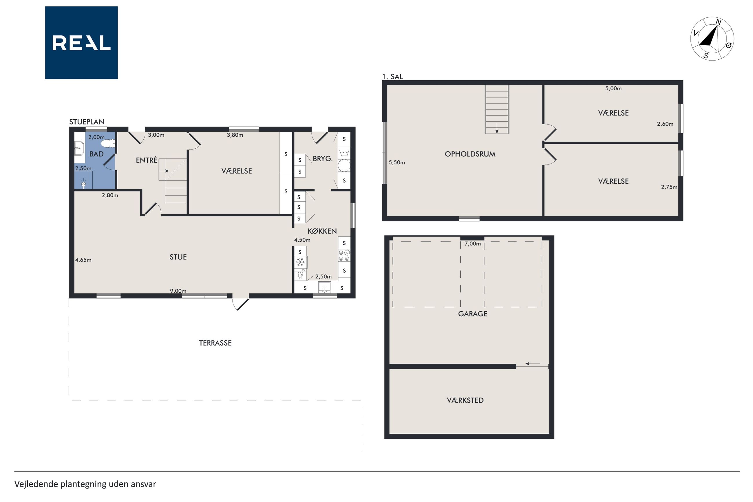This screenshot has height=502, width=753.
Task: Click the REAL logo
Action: coord(81,43)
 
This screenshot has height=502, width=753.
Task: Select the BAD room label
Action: coord(96,154)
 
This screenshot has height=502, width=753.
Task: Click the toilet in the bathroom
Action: coord(110,143)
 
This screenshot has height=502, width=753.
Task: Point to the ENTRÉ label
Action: coord(147,160)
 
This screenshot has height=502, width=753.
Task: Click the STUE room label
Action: coord(178,257)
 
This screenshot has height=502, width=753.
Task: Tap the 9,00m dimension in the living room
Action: coord(178,291)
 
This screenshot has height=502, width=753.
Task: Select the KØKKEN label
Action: coord(322,231)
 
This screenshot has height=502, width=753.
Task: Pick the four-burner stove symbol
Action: coord(344,255)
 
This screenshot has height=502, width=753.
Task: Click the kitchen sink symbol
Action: coord(324,287)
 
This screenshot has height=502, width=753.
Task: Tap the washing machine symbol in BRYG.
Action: coord(344,153)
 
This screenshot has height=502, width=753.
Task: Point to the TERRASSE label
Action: coord(215,343)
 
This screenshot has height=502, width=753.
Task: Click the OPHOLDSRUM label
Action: coord(470,154)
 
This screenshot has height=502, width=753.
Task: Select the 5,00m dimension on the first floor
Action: coord(613,88)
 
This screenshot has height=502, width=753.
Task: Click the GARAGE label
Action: coord(472,314)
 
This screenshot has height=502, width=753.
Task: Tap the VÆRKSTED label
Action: coord(465,400)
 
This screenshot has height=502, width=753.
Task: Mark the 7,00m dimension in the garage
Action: coord(472,244)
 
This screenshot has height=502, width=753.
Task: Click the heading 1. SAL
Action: coord(392,76)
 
